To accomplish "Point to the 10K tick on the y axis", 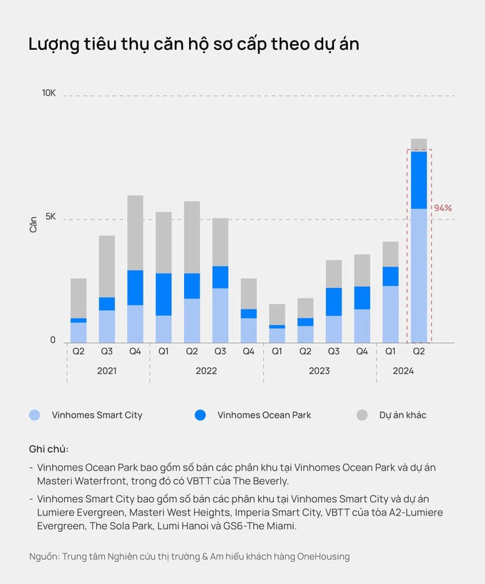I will point(48,93).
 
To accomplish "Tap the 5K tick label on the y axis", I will point(50,217).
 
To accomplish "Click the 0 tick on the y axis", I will point(53,341).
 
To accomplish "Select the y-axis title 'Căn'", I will point(34,225).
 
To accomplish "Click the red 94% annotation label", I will point(443,208).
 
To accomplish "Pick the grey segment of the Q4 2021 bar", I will point(135,232).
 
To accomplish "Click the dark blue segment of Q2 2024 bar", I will point(419,180).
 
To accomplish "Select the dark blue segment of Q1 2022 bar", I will point(163,294).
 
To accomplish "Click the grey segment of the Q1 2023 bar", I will point(277,314).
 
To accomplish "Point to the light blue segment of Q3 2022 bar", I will point(220,315).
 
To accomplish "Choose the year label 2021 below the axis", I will point(106,371).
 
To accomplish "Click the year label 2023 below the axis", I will point(319,371).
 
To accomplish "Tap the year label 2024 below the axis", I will point(403,371).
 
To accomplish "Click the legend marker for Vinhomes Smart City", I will point(35,415).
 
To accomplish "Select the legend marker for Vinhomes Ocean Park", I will point(200,415).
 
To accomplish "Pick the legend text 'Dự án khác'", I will point(402,415).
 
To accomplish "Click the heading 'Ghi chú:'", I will point(48,449).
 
